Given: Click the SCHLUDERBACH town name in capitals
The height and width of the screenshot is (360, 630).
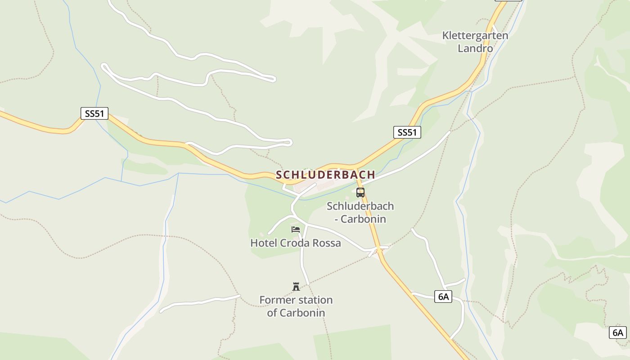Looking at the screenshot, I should pyautogui.click(x=325, y=175).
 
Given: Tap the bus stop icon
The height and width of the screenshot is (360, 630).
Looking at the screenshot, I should pyautogui.click(x=360, y=193).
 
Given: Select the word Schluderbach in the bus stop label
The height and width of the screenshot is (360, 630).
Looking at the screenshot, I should pyautogui.click(x=360, y=206).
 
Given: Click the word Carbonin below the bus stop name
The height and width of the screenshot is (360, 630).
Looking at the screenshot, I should pyautogui.click(x=364, y=219).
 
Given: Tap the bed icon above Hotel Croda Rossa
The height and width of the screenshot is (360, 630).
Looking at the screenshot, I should pyautogui.click(x=296, y=229).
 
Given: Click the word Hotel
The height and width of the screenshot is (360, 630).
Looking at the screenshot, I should pyautogui.click(x=264, y=243).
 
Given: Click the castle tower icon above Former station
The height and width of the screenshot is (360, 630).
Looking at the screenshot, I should pyautogui.click(x=296, y=286).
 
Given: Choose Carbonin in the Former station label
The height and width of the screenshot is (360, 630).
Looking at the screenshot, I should pyautogui.click(x=302, y=313).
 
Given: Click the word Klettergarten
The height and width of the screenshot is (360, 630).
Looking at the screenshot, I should pyautogui.click(x=475, y=36).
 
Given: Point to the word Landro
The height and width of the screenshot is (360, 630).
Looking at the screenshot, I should pyautogui.click(x=475, y=48).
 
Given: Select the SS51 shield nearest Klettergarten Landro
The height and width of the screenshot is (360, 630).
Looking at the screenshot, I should pyautogui.click(x=407, y=132).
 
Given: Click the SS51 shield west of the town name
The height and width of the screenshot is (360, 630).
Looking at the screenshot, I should pyautogui.click(x=94, y=113).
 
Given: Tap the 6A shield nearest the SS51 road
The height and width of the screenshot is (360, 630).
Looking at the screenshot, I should pyautogui.click(x=443, y=296).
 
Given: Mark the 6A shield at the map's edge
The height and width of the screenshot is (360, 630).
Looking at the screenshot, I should pyautogui.click(x=618, y=333).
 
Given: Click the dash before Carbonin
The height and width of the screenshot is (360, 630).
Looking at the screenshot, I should pyautogui.click(x=336, y=220).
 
